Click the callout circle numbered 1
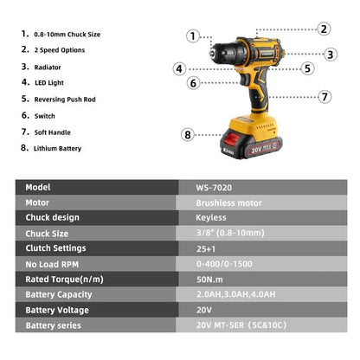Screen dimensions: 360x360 (x=192, y=36)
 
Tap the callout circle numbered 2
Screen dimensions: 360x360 (x=323, y=29)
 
